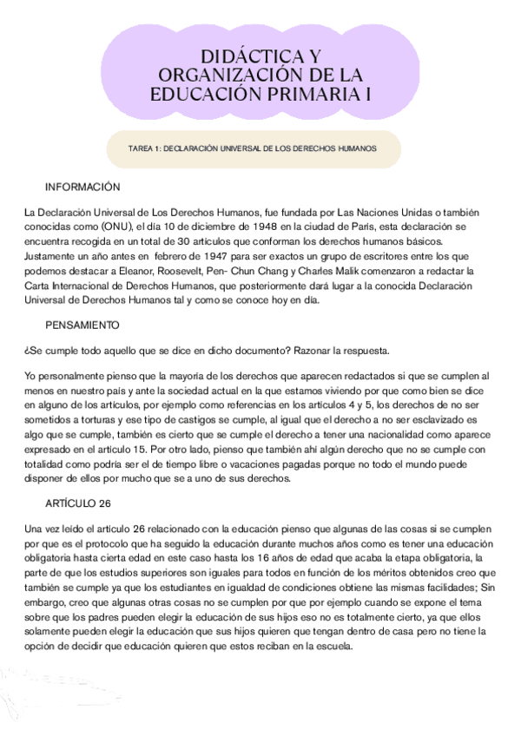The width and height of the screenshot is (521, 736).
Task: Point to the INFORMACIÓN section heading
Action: pyautogui.click(x=82, y=187)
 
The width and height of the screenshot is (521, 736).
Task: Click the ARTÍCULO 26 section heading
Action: pyautogui.click(x=79, y=504)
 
